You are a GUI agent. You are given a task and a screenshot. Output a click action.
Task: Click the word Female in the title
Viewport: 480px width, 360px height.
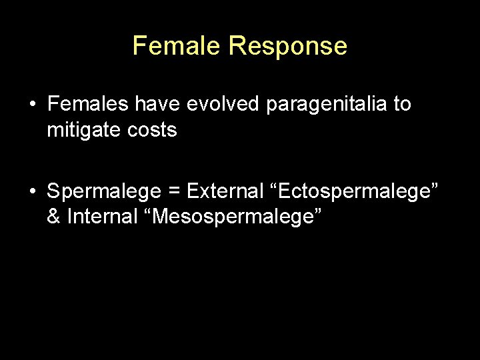point(177,46)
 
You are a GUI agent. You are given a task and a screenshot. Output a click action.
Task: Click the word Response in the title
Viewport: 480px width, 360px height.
point(287,46)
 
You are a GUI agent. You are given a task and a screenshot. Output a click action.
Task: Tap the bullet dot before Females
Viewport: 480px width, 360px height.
point(32,105)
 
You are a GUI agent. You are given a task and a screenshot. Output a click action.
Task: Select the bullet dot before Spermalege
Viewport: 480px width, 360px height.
point(32,192)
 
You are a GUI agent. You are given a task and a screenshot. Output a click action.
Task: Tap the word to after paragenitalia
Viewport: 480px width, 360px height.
point(402,105)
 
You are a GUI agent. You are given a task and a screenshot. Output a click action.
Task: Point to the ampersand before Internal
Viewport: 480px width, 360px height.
point(53,217)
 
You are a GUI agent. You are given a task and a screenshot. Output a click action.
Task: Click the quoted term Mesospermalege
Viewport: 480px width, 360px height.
point(237,218)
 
